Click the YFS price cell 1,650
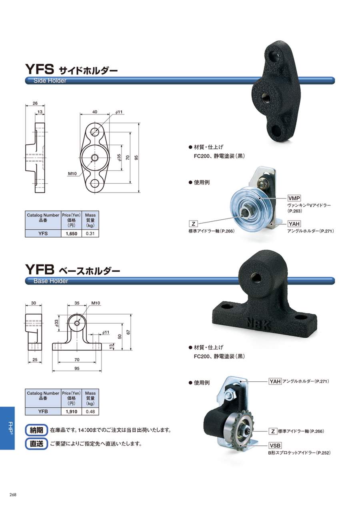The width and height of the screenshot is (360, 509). coord(71,234)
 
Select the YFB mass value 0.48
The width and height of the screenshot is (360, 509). coord(90,411)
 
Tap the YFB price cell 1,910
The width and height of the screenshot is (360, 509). coord(71,411)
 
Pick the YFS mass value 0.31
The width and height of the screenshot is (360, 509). coord(90,234)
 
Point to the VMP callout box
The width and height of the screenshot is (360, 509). coord(294,198)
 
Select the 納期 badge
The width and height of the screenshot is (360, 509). coord(36,430)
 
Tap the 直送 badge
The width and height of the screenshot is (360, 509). coord(36,443)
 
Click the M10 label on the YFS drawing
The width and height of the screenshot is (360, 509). coord(72,174)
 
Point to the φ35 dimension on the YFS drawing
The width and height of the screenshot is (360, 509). coord(119,158)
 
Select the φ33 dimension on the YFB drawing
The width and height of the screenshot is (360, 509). coord(56,323)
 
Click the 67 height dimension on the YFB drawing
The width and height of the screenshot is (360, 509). coord(128,332)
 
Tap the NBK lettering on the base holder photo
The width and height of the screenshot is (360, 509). coord(258,325)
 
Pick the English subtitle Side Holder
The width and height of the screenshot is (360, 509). coord(50,81)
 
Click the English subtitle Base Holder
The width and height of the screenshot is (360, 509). coord(51,281)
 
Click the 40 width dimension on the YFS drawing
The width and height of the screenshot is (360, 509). coord(95,112)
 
